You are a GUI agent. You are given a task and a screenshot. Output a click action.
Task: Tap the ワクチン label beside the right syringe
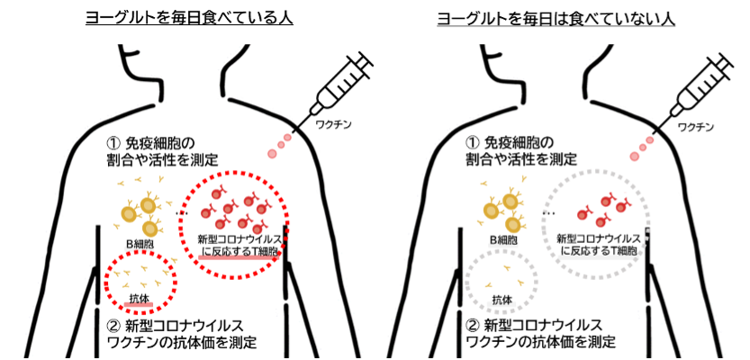click(693, 127)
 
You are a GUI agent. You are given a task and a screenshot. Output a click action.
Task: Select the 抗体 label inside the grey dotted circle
click(502, 299)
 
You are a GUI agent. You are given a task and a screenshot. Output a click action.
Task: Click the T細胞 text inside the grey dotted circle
click(622, 252)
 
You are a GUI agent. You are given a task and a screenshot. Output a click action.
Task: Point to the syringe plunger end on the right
click(727, 57)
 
